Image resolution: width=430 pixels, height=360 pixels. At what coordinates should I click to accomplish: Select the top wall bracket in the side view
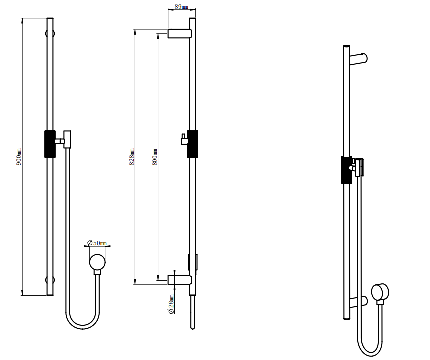(x=180, y=33)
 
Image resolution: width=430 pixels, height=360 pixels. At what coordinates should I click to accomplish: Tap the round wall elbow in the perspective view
(x=380, y=293)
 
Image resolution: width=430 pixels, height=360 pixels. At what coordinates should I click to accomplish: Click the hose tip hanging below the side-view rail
(x=192, y=314)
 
